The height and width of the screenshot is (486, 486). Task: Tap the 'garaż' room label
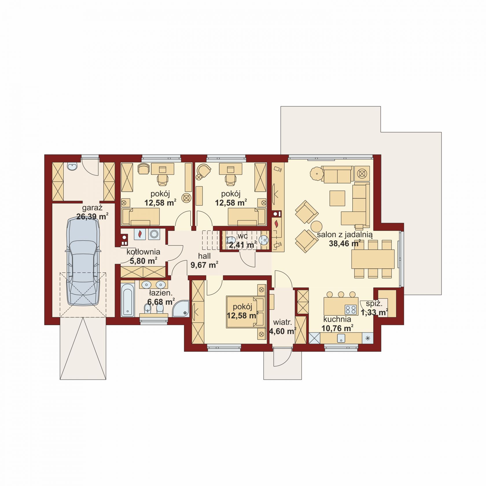[x=92, y=208]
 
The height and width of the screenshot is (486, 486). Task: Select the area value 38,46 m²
[x=345, y=244]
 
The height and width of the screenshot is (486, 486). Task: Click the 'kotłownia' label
[x=143, y=252]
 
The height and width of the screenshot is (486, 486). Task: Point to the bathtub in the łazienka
[x=128, y=300]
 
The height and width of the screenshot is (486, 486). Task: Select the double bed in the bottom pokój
[x=246, y=312]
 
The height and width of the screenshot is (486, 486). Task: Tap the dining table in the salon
[x=373, y=259]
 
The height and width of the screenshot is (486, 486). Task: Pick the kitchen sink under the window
[x=341, y=338]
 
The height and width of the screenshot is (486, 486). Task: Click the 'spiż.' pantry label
[x=374, y=304]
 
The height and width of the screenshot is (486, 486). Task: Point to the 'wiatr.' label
[x=283, y=322]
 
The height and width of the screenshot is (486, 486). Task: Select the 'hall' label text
[x=204, y=256]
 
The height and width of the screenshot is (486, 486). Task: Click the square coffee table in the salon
[x=337, y=198]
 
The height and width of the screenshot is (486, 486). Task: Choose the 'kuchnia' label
[x=337, y=319]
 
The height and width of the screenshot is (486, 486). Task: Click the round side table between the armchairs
[x=316, y=227]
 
